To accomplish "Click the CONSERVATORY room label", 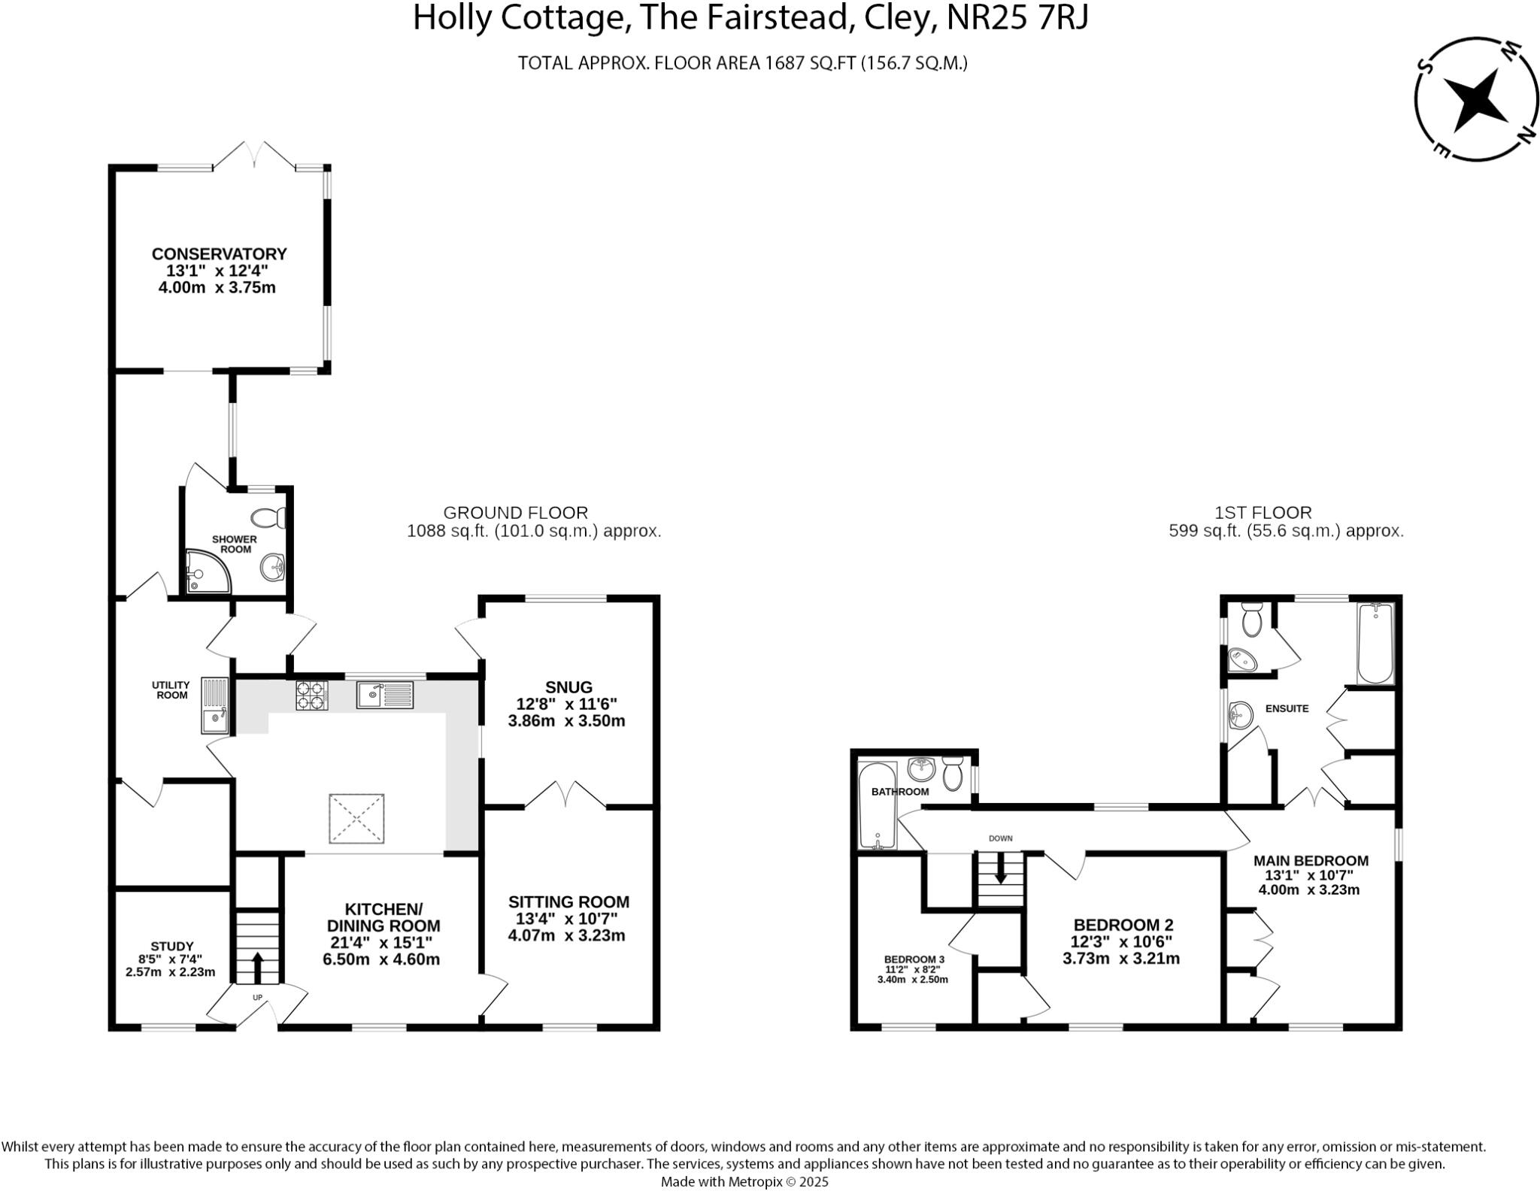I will [x=219, y=254].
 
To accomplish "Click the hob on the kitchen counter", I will [x=312, y=695].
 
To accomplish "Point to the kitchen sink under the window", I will [x=384, y=695].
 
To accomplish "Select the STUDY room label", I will [x=172, y=946].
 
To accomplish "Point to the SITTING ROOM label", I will [x=568, y=902].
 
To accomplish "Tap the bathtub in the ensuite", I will [x=1375, y=644].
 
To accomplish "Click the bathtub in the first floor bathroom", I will [x=878, y=806].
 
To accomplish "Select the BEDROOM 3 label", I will [x=914, y=959].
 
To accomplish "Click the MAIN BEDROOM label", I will [x=1310, y=861].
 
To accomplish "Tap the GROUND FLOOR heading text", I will [x=515, y=513].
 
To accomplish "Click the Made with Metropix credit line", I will [x=744, y=1182].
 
